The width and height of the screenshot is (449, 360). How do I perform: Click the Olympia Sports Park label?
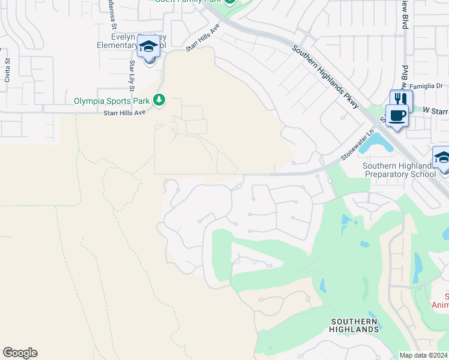click(x=112, y=101)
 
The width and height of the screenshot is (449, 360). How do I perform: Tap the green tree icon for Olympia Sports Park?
click(x=159, y=100)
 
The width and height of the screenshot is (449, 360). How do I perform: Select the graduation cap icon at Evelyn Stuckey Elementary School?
click(x=148, y=46)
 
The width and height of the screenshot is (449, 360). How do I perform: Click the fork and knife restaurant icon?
click(x=401, y=99)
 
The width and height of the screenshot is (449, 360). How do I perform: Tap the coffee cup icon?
click(x=397, y=115)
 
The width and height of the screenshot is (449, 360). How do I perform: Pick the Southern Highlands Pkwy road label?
click(x=325, y=76)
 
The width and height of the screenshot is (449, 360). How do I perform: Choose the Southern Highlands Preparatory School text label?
click(x=400, y=170)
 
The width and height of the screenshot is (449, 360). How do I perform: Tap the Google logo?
click(x=20, y=353)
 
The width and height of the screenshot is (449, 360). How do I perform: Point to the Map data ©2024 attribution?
click(x=423, y=355)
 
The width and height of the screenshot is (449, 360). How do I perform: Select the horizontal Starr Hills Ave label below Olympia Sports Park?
click(x=125, y=112)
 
